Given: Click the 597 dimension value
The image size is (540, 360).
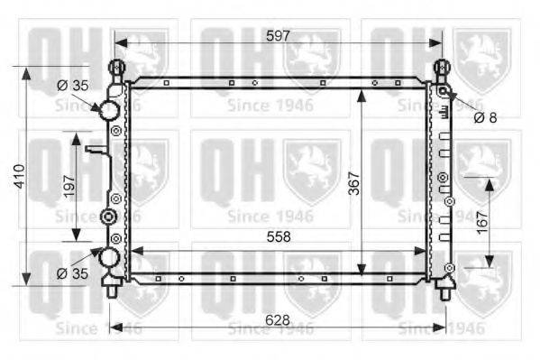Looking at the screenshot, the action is pyautogui.click(x=278, y=36).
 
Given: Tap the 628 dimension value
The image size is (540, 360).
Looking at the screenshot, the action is pyautogui.click(x=278, y=320).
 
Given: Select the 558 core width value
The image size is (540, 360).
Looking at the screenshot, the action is pyautogui.click(x=279, y=237).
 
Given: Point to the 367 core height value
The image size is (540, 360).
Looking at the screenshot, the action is pyautogui.click(x=353, y=183).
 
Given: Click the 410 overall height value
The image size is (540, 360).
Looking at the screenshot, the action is pyautogui.click(x=20, y=176).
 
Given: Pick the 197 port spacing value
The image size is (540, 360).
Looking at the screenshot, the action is pyautogui.click(x=69, y=186).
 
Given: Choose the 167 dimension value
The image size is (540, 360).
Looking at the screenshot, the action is pyautogui.click(x=482, y=223).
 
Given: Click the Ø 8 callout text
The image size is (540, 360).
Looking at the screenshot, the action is pyautogui.click(x=485, y=117).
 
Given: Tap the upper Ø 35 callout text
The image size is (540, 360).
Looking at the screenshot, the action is pyautogui.click(x=73, y=85).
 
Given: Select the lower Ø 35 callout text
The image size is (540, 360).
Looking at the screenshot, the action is pyautogui.click(x=73, y=273).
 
